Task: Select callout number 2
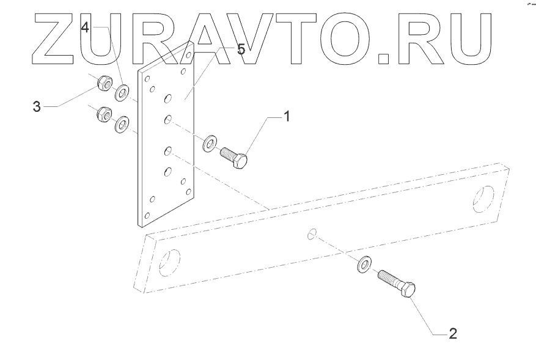point(452,334)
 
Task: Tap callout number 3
point(37,107)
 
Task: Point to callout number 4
point(86,28)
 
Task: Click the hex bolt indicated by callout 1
point(235,156)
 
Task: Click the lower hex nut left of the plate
point(102,115)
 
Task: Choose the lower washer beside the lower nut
point(121,125)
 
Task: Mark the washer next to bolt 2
point(364,265)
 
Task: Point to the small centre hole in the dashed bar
point(312,233)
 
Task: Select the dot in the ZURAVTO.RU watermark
point(384,59)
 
